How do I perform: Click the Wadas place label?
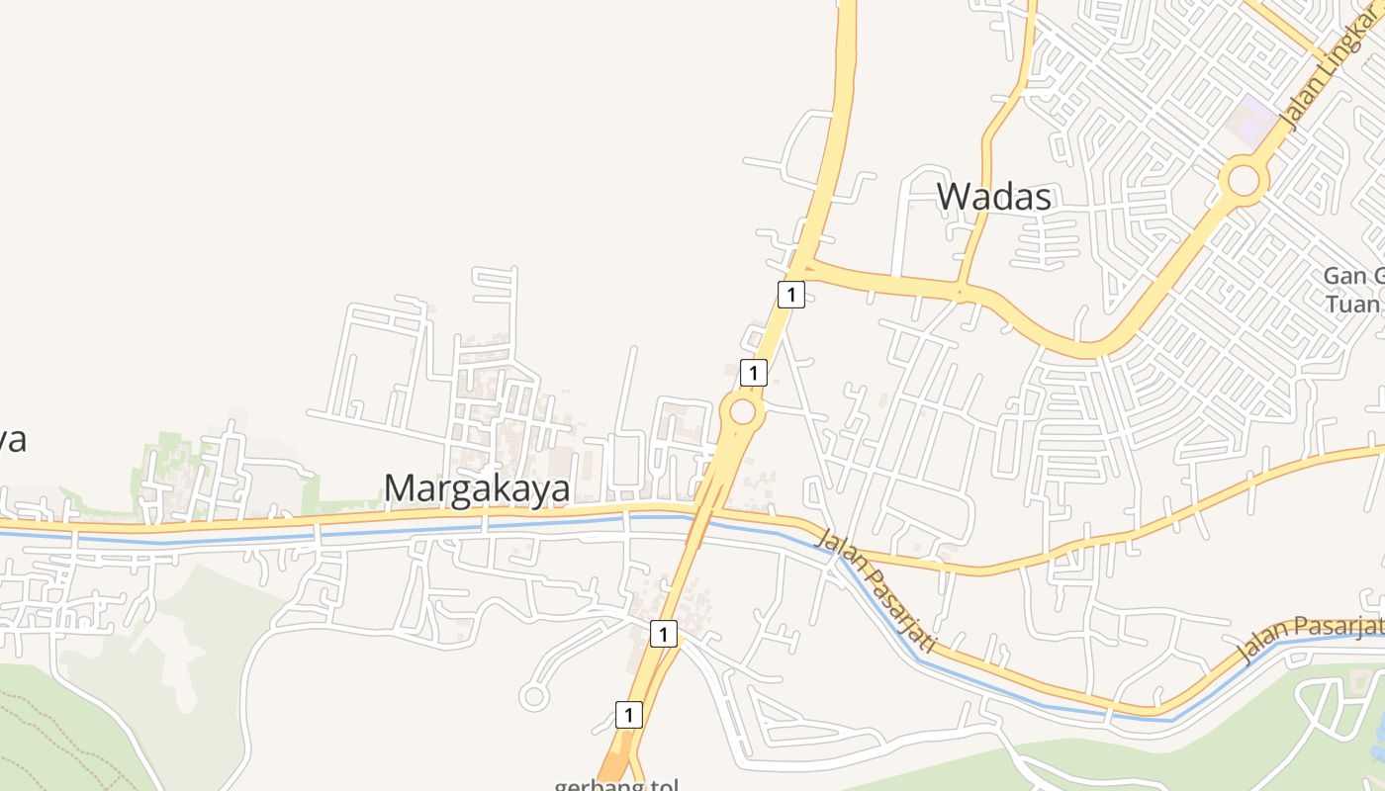(x=993, y=197)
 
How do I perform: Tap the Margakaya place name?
(x=477, y=488)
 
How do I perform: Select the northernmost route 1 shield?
(x=790, y=294)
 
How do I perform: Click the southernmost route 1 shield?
(x=628, y=714)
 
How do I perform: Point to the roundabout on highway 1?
(x=742, y=412)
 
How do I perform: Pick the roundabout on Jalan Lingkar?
(x=1244, y=181)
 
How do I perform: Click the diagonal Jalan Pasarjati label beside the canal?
(x=876, y=589)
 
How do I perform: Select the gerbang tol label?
(x=615, y=784)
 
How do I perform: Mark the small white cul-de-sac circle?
(x=534, y=697)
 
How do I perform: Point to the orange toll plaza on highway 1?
(x=615, y=766)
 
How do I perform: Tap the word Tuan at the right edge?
(x=1353, y=304)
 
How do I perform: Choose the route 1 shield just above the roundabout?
(x=754, y=373)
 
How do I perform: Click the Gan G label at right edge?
(x=1355, y=276)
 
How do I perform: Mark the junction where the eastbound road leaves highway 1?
(x=802, y=266)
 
